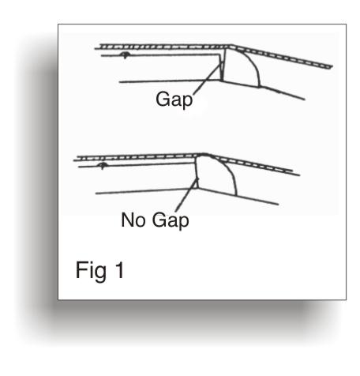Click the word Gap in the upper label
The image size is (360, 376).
(x=174, y=100)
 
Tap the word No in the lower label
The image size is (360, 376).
(x=133, y=220)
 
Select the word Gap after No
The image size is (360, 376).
(x=171, y=221)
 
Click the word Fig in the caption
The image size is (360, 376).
(x=91, y=271)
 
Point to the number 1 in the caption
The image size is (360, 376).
(x=120, y=269)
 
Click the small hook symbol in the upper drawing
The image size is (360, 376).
(x=125, y=55)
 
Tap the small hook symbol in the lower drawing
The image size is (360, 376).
(x=102, y=166)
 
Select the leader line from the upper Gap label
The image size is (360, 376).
(x=208, y=78)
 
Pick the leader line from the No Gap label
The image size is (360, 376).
(x=186, y=195)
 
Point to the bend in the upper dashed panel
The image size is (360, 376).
(x=231, y=47)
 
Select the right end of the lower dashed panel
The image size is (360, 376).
(x=298, y=175)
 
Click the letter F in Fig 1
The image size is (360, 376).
(x=81, y=269)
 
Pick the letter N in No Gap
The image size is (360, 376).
(x=127, y=220)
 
